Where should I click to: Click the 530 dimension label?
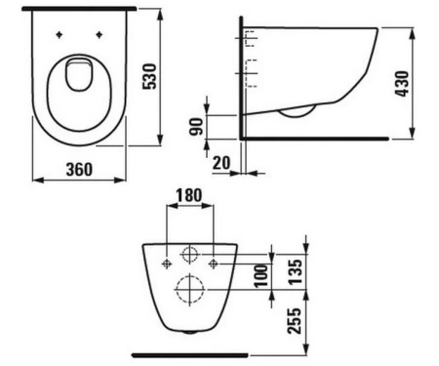pyautogui.click(x=150, y=76)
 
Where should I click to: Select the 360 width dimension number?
pyautogui.click(x=79, y=170)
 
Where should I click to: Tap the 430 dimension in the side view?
pyautogui.click(x=402, y=84)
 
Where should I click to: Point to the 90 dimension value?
pyautogui.click(x=196, y=127)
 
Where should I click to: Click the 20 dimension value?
pyautogui.click(x=221, y=163)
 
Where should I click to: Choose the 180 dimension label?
pyautogui.click(x=189, y=195)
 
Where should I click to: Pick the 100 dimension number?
pyautogui.click(x=261, y=276)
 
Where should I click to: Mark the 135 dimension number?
pyautogui.click(x=296, y=272)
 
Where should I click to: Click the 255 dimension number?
pyautogui.click(x=294, y=321)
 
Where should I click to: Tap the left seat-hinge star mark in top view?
pyautogui.click(x=59, y=34)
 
